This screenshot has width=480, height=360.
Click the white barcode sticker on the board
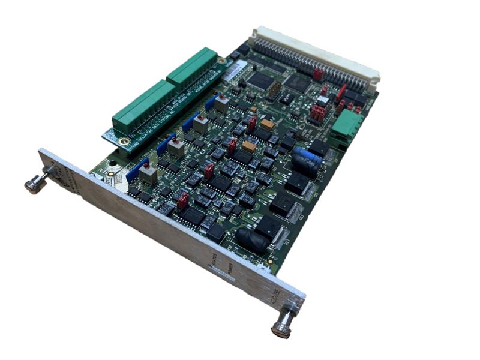pyautogui.click(x=238, y=71)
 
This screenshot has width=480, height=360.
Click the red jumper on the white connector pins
pyautogui.click(x=317, y=73)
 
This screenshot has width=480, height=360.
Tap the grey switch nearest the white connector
pyautogui.click(x=221, y=103)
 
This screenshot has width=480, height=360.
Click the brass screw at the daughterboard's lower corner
pyautogui.click(x=124, y=142)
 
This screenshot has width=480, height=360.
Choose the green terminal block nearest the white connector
pyautogui.click(x=192, y=66)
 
